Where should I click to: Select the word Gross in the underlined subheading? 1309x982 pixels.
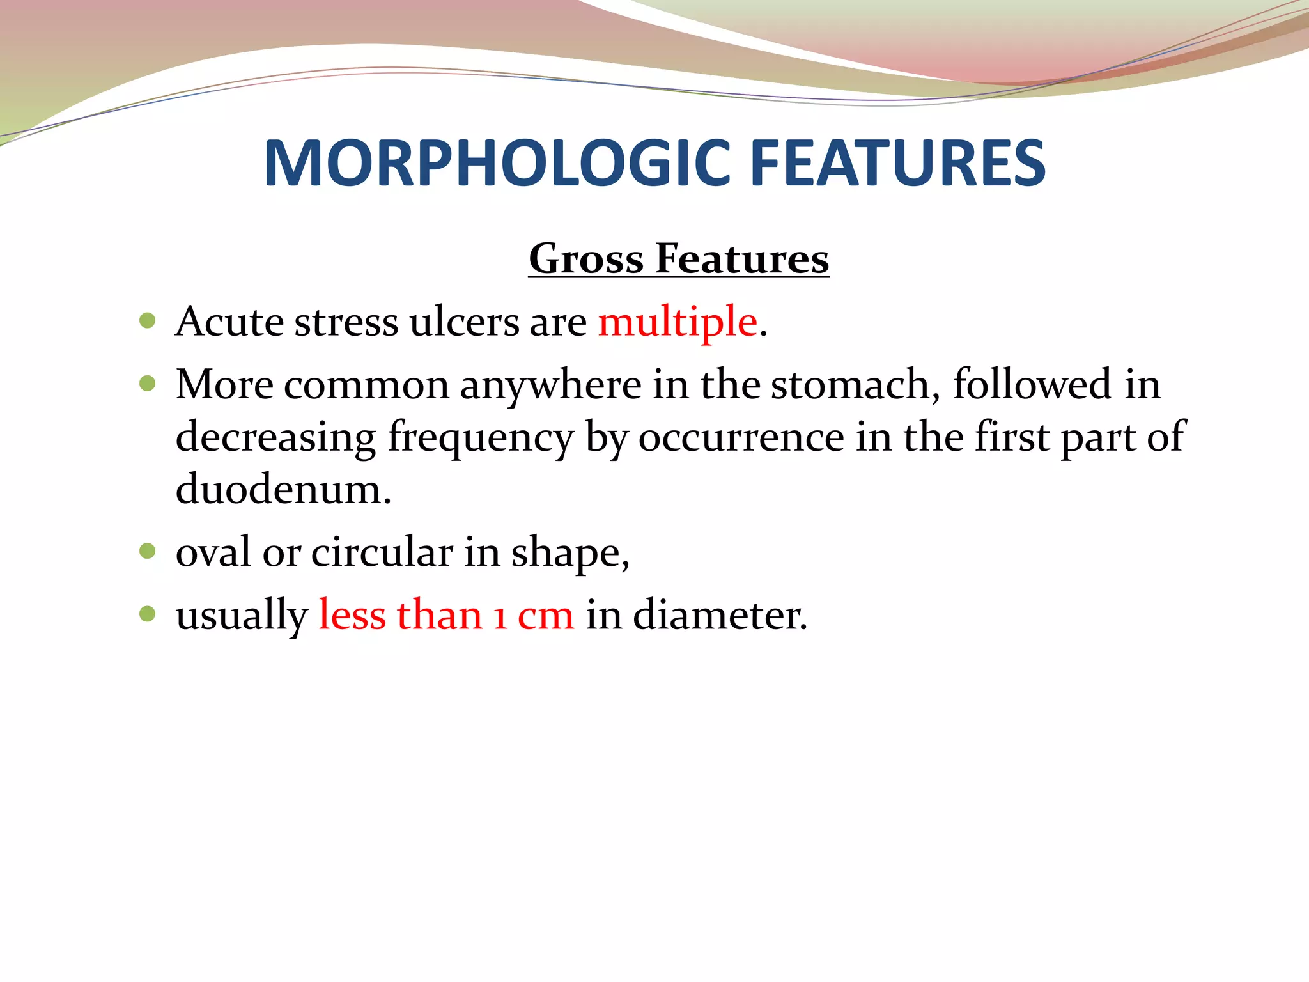point(585,259)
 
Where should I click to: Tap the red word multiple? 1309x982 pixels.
point(678,322)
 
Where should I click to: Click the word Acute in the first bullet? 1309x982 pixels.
point(229,322)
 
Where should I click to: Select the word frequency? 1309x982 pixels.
point(481,438)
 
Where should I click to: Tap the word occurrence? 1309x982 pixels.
point(741,438)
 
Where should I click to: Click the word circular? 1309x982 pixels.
point(382,552)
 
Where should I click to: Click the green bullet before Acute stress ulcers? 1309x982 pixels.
point(148,320)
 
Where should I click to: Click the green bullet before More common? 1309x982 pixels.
point(148,384)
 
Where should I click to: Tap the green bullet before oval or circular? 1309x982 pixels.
point(148,550)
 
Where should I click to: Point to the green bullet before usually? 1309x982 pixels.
point(148,614)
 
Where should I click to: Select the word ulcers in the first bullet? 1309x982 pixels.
point(464,322)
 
